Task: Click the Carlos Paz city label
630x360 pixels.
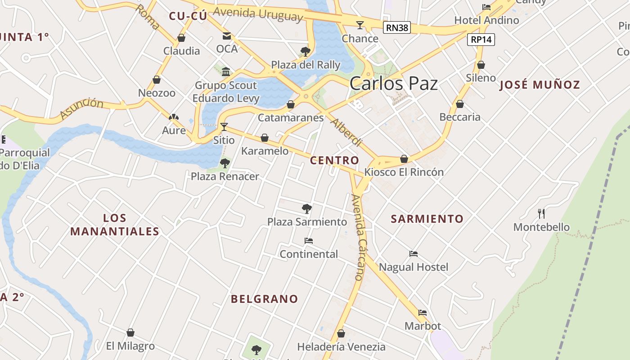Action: (393, 84)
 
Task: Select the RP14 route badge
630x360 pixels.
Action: (481, 40)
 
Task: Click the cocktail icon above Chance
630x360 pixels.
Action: (360, 25)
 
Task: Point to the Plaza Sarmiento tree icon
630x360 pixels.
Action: (307, 208)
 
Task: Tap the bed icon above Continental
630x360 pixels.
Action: (309, 241)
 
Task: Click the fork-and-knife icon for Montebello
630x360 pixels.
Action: (541, 213)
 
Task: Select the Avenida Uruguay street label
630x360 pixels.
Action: (258, 13)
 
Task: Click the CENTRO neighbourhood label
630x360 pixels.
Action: (334, 161)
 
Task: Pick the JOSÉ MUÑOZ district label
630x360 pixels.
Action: (540, 85)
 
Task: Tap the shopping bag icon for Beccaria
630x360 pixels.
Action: (460, 104)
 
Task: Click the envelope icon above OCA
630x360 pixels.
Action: (227, 36)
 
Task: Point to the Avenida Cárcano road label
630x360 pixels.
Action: (360, 237)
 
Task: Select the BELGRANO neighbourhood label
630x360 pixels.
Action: (264, 299)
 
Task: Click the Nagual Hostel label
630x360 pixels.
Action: (414, 267)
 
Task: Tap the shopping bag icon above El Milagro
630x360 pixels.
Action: (130, 333)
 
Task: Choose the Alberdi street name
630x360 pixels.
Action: (346, 132)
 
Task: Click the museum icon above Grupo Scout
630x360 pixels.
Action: (226, 72)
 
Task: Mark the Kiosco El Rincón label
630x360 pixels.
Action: (404, 172)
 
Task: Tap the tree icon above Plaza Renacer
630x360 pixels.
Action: (225, 163)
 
